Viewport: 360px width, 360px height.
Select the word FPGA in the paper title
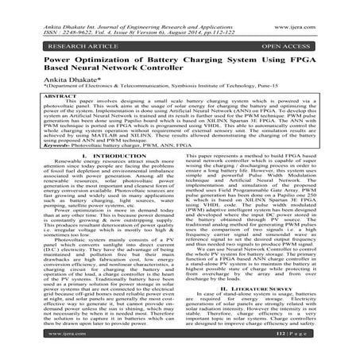click(311, 58)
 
